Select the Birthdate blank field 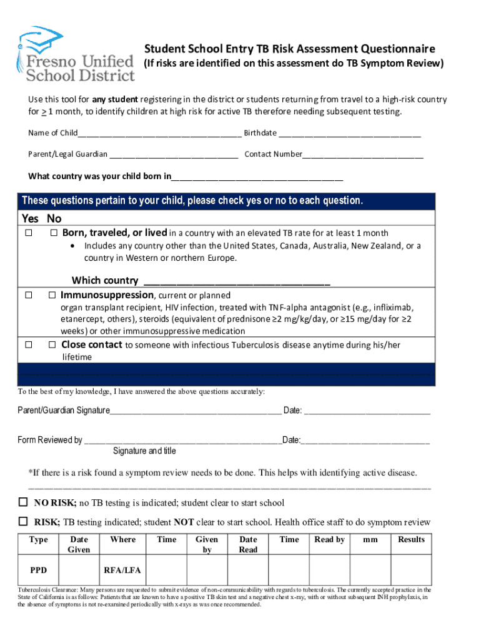tap(350, 134)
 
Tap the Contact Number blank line tap(363, 155)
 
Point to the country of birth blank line tap(257, 178)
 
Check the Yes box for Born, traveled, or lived tap(29, 233)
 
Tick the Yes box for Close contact tap(29, 345)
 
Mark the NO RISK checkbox tap(23, 502)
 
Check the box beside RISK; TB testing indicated tap(23, 522)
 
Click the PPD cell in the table tap(38, 570)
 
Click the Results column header tap(411, 540)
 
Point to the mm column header tap(370, 540)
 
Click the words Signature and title tap(144, 451)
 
